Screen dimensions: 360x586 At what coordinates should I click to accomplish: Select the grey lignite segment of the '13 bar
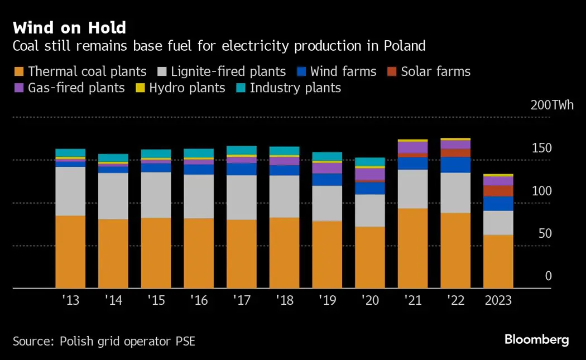coord(70,191)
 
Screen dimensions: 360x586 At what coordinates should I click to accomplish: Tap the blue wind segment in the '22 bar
coord(455,165)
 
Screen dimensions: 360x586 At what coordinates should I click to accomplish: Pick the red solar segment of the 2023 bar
coord(498,190)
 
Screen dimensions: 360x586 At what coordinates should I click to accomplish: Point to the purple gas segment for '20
coord(370,174)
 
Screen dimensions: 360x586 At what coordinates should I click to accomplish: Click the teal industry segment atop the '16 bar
coord(199,153)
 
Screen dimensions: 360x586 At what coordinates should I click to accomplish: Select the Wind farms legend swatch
coord(301,72)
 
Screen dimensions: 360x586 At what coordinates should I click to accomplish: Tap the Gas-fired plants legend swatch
coord(18,88)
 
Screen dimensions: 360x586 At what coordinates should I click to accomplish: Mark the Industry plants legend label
coord(295,88)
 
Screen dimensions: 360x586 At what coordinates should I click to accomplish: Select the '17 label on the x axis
coord(241,300)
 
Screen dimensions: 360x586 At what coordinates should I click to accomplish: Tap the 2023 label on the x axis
coord(498,300)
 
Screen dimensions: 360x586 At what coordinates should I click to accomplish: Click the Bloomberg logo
coord(536,339)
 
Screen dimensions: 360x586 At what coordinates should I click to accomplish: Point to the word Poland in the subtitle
coord(405,46)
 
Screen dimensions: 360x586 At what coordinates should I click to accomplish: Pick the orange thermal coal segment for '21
coord(412,248)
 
